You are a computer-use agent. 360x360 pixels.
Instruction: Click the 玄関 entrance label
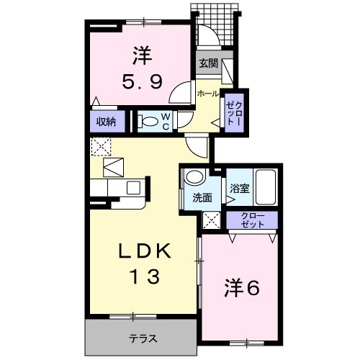(209, 62)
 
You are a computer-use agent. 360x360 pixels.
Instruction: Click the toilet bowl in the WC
(148, 121)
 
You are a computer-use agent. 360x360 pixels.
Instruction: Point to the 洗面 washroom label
(201, 197)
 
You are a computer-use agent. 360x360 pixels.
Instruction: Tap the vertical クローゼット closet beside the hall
(235, 113)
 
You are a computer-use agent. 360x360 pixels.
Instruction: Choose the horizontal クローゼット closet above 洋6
(251, 220)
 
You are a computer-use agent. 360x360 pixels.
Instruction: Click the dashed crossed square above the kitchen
(99, 147)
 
